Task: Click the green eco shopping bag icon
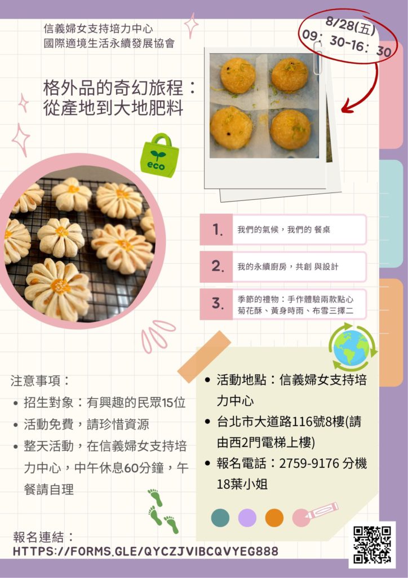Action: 159,156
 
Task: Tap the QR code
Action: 372,545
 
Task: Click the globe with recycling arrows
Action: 352,347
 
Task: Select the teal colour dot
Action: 220,517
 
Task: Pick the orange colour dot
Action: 274,518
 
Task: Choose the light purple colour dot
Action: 247,518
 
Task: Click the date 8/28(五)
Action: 351,26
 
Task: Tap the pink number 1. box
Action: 216,229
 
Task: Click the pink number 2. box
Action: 216,266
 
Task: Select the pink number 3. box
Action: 216,304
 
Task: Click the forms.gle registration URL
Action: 145,551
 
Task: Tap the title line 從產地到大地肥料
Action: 113,108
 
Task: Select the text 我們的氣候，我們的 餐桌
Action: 283,230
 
